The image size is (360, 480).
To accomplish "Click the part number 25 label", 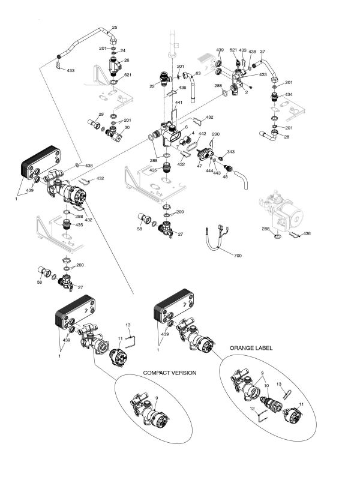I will click(x=115, y=28).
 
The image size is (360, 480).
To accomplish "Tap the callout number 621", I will click(x=128, y=75).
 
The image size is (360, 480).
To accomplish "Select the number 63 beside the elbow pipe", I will click(x=198, y=74).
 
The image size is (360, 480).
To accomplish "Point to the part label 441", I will click(x=178, y=103).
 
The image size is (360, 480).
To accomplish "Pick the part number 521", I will click(x=233, y=51).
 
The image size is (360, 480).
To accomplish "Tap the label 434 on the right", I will click(x=289, y=95).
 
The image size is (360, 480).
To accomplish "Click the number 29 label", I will click(x=101, y=114).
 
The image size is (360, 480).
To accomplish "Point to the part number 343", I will click(x=231, y=152).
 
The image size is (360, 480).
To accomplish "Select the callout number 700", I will click(x=238, y=256).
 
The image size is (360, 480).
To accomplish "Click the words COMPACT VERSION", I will click(x=170, y=373).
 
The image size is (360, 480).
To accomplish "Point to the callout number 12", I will click(x=253, y=407).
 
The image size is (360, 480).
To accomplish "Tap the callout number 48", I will click(x=226, y=178).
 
